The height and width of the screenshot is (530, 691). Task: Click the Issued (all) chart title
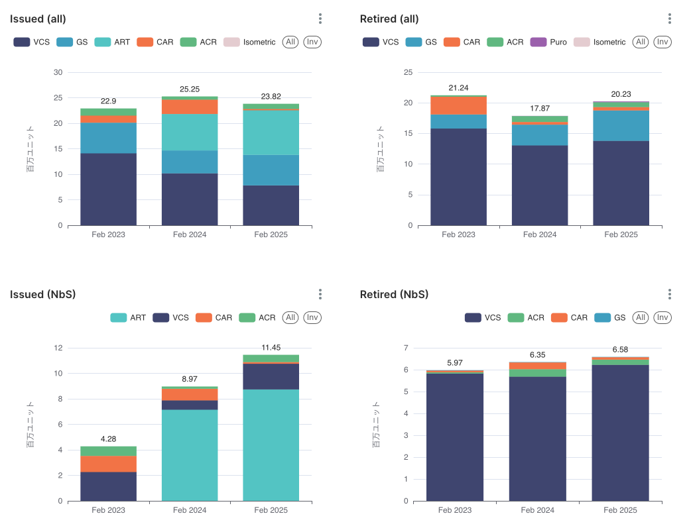coord(38,19)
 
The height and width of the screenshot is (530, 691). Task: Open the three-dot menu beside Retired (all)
coord(670,19)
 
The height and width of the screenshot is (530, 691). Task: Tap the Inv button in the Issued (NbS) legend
coord(312,317)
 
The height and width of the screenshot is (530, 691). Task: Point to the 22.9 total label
coord(109,101)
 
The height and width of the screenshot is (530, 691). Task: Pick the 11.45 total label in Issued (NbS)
coord(271,347)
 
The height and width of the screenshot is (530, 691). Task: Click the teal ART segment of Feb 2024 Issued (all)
coord(190,132)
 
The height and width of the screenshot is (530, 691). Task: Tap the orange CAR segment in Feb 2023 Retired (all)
coord(458,105)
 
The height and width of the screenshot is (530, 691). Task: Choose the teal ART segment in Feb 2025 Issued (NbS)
coord(271,444)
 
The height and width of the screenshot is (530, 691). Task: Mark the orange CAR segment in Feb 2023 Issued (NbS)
coord(109,464)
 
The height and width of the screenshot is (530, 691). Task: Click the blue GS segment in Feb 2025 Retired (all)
coord(621,125)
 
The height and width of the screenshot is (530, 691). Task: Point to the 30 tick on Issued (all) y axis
coord(58,72)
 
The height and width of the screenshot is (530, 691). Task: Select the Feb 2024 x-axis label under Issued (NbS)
coord(190,510)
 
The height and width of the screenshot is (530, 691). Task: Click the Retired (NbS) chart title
coord(394,294)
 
